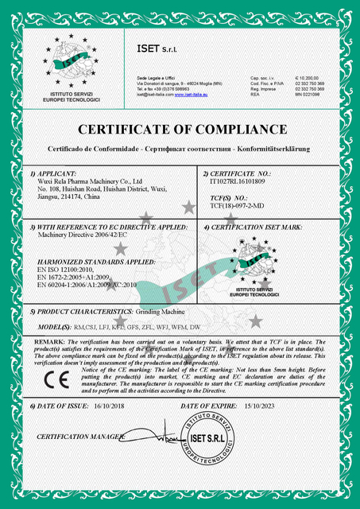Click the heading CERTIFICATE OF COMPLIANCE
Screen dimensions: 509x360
180,129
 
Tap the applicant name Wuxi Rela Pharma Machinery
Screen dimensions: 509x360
89,181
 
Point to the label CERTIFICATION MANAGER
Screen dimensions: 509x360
80,437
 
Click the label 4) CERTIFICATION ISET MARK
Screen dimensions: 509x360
251,227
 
